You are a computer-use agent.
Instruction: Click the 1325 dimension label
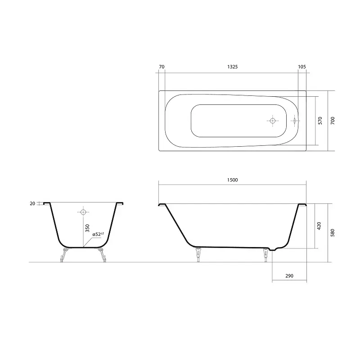tap(232, 67)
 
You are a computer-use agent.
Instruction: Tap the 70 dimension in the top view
tap(162, 67)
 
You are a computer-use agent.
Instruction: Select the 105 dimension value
tap(302, 67)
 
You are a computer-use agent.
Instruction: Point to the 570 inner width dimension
tap(320, 121)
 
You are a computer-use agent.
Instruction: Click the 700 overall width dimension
tap(333, 121)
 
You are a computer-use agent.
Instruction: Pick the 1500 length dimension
tap(232, 180)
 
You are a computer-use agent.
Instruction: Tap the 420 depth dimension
tap(319, 226)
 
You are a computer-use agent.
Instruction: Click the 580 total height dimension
tap(333, 233)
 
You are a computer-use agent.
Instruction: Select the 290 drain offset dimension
tap(289, 276)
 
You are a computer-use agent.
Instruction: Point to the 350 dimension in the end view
tap(87, 228)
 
